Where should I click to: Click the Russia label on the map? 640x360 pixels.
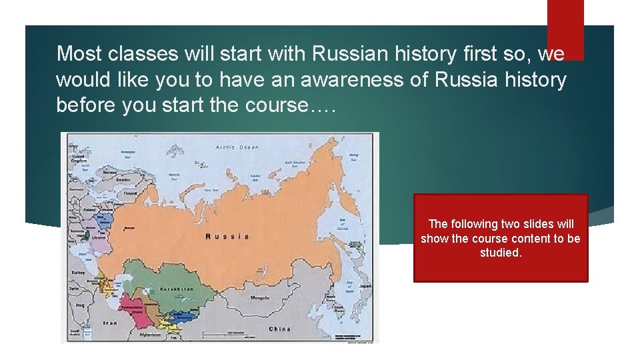(227, 236)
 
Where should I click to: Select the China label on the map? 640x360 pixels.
(279, 329)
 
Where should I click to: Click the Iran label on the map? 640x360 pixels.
(110, 323)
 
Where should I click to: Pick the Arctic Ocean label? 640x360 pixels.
(236, 147)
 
